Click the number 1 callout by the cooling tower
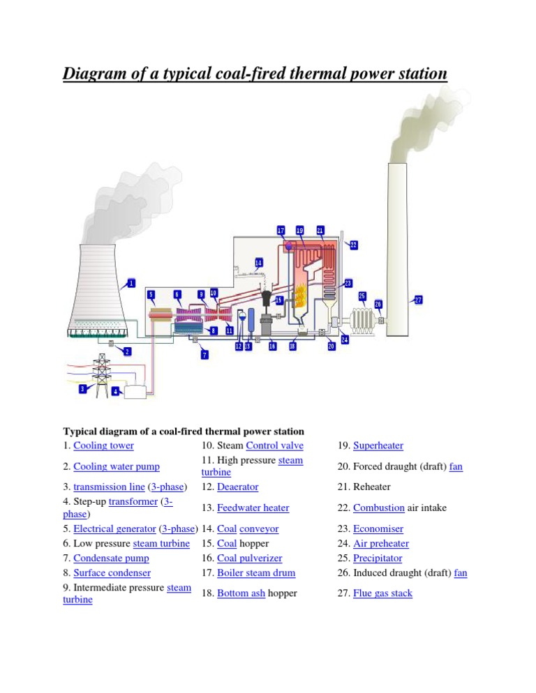pos(130,284)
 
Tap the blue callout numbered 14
pos(258,263)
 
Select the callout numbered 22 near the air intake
pos(353,245)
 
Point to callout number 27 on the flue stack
pos(418,300)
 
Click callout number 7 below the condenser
pos(204,355)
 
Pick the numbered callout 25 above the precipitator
pos(362,296)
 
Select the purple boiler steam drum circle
pos(288,245)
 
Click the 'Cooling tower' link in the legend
pos(103,445)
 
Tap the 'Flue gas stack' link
pos(382,593)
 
